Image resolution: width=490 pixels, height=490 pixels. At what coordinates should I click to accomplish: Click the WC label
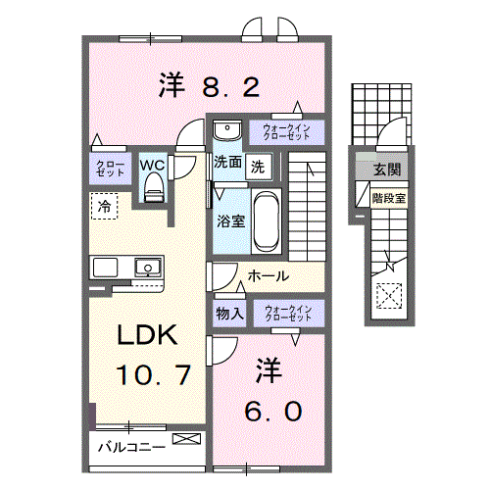pos(152,166)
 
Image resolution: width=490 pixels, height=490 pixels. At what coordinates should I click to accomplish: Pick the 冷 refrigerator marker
pos(103,206)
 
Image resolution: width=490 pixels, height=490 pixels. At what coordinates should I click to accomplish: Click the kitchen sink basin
pos(148,266)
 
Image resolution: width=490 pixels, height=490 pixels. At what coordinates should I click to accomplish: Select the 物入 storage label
pos(229,314)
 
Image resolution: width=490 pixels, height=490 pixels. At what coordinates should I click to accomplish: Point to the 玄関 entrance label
pos(386,169)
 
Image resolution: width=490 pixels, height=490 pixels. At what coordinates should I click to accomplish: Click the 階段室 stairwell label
pos(387,197)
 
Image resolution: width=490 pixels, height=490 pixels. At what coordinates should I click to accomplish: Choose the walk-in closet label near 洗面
pos(286,131)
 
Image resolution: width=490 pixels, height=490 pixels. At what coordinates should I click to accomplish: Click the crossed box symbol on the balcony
pos(183,442)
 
